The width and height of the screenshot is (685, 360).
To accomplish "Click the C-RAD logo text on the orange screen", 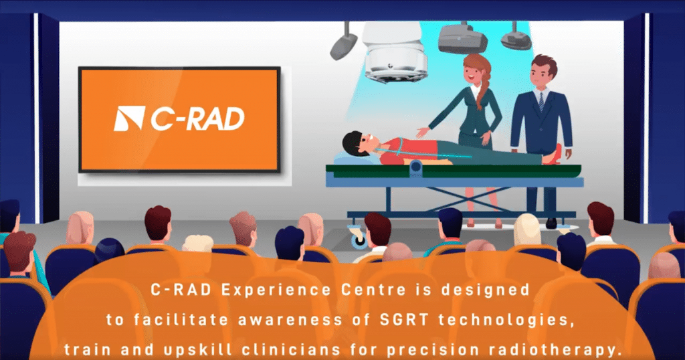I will pos(198,119).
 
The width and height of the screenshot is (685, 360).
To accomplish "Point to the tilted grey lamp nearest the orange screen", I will pos(344,46).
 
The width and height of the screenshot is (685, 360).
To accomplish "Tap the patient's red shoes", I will pos(553,155).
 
